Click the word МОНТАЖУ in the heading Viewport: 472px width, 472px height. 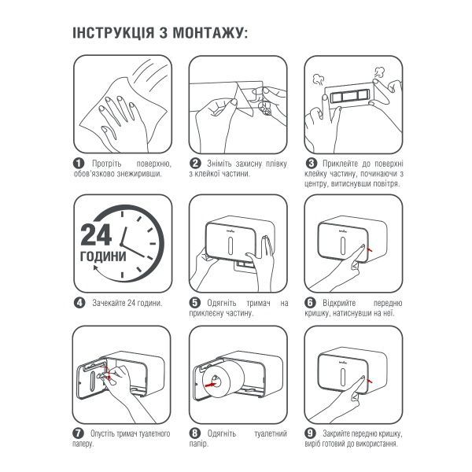208,33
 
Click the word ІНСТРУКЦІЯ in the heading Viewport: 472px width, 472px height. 113,32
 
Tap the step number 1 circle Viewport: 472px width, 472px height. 79,164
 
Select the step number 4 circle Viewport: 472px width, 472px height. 79,303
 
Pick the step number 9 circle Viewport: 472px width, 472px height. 310,433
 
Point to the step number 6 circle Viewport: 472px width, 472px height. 311,303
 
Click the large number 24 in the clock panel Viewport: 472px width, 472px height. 96,235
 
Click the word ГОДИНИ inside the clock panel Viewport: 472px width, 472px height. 103,256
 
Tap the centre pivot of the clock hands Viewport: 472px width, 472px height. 122,244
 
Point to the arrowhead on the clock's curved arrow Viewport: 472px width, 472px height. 96,267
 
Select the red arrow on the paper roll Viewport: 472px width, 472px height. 211,385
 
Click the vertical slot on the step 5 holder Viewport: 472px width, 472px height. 230,245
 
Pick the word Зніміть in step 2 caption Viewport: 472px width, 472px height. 219,164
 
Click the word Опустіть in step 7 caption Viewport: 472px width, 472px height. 102,433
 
